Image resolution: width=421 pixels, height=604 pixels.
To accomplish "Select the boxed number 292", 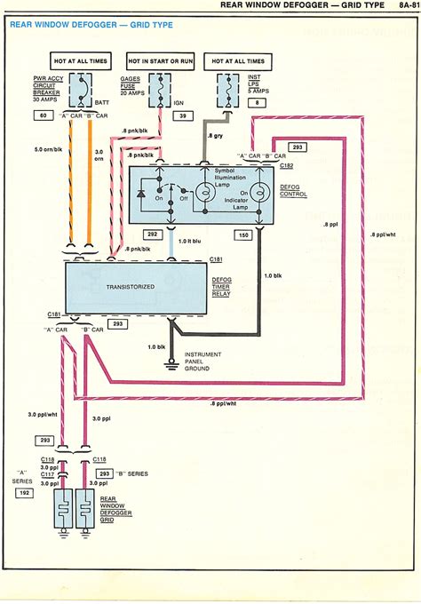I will point(153,234).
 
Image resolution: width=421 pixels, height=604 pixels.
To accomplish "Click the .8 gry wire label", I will point(216,135).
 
